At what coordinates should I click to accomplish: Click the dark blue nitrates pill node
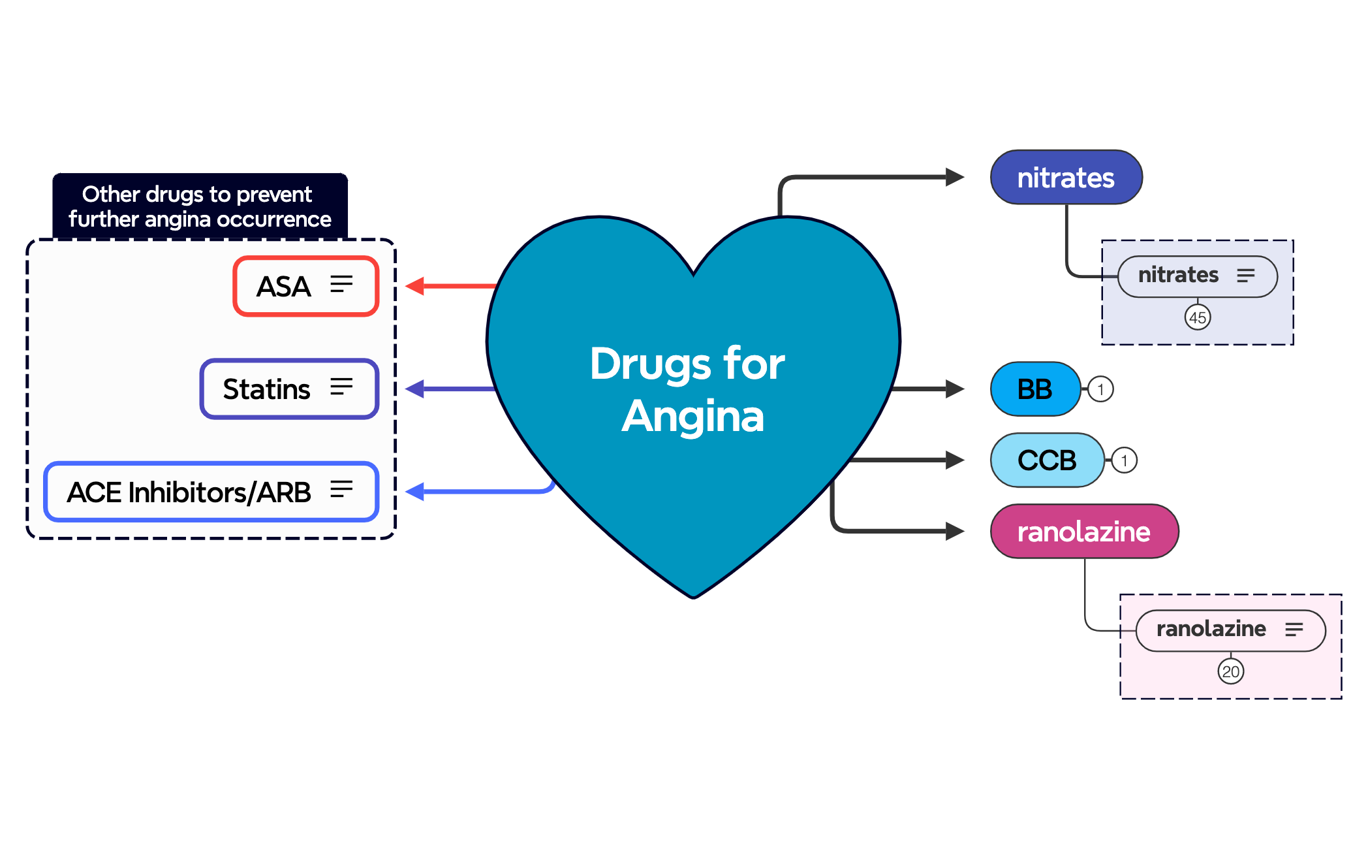tap(1066, 178)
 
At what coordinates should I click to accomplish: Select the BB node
tap(1035, 389)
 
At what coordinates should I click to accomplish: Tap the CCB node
tap(1047, 460)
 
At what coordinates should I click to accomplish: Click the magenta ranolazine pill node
tap(1084, 532)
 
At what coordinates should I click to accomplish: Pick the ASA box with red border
tap(306, 287)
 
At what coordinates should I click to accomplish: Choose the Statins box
tap(289, 389)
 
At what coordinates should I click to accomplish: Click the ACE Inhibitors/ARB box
tap(211, 492)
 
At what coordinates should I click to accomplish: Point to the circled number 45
tap(1198, 318)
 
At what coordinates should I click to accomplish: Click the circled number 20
tap(1231, 671)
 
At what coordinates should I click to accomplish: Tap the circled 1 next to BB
tap(1101, 389)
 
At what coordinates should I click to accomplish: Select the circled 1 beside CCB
tap(1124, 460)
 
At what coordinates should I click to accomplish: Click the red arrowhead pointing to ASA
tap(415, 286)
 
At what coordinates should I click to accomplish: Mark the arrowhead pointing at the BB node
tap(955, 389)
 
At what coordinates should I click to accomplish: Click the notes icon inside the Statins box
tap(341, 387)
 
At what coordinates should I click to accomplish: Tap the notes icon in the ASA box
tap(341, 284)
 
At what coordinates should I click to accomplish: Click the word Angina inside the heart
tap(692, 416)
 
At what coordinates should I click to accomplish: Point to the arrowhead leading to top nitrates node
tap(955, 177)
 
